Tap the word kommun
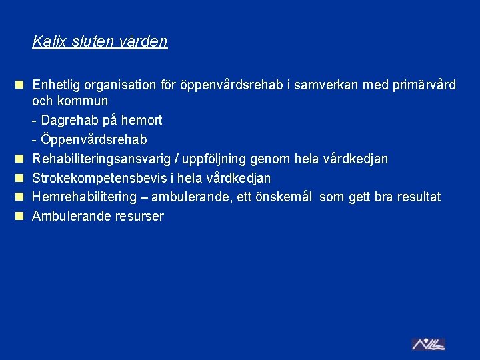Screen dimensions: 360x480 tap(83, 101)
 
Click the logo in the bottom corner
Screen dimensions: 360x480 tap(428, 344)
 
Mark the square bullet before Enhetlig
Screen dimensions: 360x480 tap(20, 85)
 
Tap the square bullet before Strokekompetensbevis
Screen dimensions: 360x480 tap(20, 178)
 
